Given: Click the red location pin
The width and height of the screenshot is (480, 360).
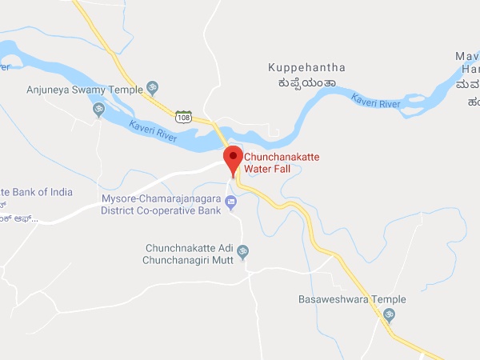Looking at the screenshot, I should coord(233,159).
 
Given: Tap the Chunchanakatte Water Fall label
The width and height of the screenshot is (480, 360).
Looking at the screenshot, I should coord(281,163).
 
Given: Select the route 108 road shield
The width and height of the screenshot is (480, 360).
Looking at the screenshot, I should coord(183,118).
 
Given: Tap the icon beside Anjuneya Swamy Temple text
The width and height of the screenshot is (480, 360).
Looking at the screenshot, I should coord(152,88).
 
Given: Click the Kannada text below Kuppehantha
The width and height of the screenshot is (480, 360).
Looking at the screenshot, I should coord(302,83).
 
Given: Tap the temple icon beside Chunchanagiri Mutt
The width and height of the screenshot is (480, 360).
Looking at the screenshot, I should coord(243,251).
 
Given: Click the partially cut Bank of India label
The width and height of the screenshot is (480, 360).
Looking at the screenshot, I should coord(36,192).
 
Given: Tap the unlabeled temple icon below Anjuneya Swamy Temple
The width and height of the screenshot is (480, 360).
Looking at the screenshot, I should coord(99,109).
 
